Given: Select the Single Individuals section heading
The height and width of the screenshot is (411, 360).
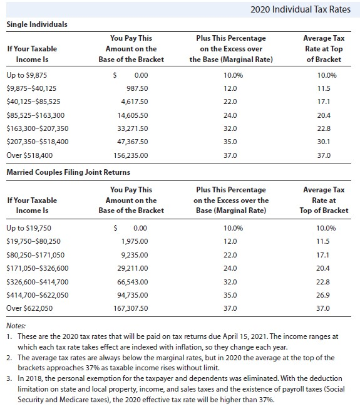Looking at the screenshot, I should [37, 24].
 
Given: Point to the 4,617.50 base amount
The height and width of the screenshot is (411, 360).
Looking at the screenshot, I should [135, 101].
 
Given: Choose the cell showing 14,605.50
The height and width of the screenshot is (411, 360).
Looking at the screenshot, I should [133, 115].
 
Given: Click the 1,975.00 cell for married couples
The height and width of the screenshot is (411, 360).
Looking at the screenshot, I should [135, 241].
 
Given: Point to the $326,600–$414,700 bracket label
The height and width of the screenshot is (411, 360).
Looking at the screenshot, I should [37, 281].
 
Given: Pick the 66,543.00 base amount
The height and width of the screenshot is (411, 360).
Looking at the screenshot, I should [133, 281].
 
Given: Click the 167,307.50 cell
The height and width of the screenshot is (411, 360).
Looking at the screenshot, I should [131, 308].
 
